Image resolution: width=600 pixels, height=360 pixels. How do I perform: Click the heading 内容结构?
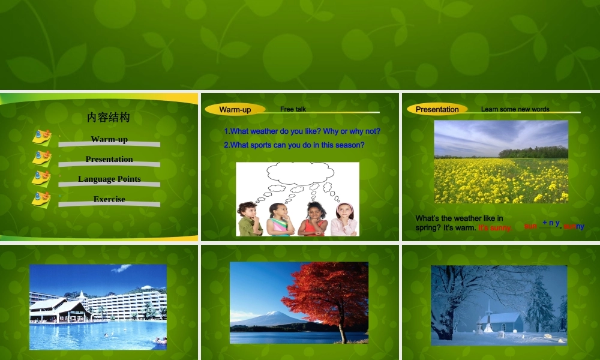click(x=109, y=117)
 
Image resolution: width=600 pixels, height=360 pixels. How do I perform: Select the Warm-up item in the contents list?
click(x=109, y=139)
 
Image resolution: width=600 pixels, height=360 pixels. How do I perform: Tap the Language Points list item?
click(x=109, y=179)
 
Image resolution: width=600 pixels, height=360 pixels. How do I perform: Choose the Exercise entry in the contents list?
click(x=109, y=199)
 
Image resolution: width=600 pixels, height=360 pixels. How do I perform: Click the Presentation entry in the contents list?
click(x=109, y=159)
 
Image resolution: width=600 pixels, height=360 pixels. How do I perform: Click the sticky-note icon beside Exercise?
click(x=41, y=199)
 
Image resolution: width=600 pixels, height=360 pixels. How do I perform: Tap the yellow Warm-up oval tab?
click(x=235, y=109)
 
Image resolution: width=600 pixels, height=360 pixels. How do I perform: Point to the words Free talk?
click(x=293, y=109)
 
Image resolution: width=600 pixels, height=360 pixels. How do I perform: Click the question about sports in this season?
click(x=294, y=145)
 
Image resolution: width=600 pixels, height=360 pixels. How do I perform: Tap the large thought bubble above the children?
click(x=295, y=172)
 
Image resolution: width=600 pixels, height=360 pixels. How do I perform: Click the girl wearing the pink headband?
click(x=344, y=219)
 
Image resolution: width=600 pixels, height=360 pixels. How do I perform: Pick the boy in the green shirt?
click(x=250, y=219)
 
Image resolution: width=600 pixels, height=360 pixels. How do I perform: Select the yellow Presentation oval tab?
click(x=437, y=109)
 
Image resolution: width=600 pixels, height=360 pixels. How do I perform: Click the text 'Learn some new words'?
click(x=515, y=109)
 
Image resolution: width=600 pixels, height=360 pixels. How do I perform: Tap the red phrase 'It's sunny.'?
click(x=495, y=228)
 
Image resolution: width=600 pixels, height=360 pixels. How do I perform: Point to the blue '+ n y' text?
click(x=551, y=223)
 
